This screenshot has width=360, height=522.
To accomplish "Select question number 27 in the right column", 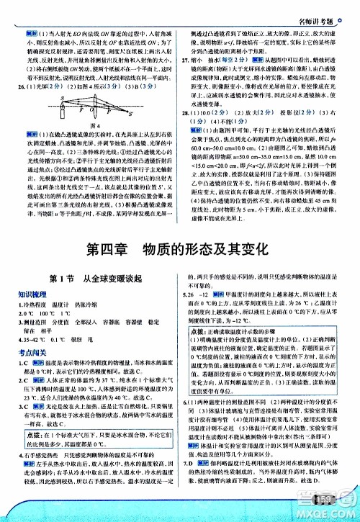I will pyautogui.click(x=185, y=61).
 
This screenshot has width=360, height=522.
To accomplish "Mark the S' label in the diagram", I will pyautogui.click(x=132, y=114).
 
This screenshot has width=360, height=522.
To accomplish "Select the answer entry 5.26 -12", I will pyautogui.click(x=197, y=294).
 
